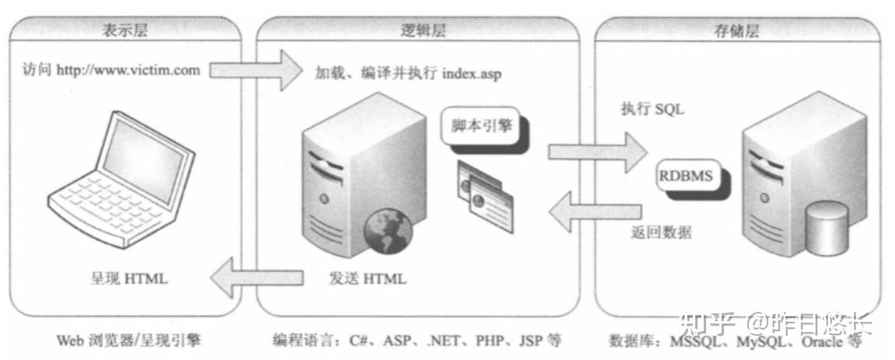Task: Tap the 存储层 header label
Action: (x=736, y=31)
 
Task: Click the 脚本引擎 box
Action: (x=481, y=127)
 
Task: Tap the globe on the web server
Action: (x=388, y=231)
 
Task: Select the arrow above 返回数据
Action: (x=595, y=212)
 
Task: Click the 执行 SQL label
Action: (x=652, y=110)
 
